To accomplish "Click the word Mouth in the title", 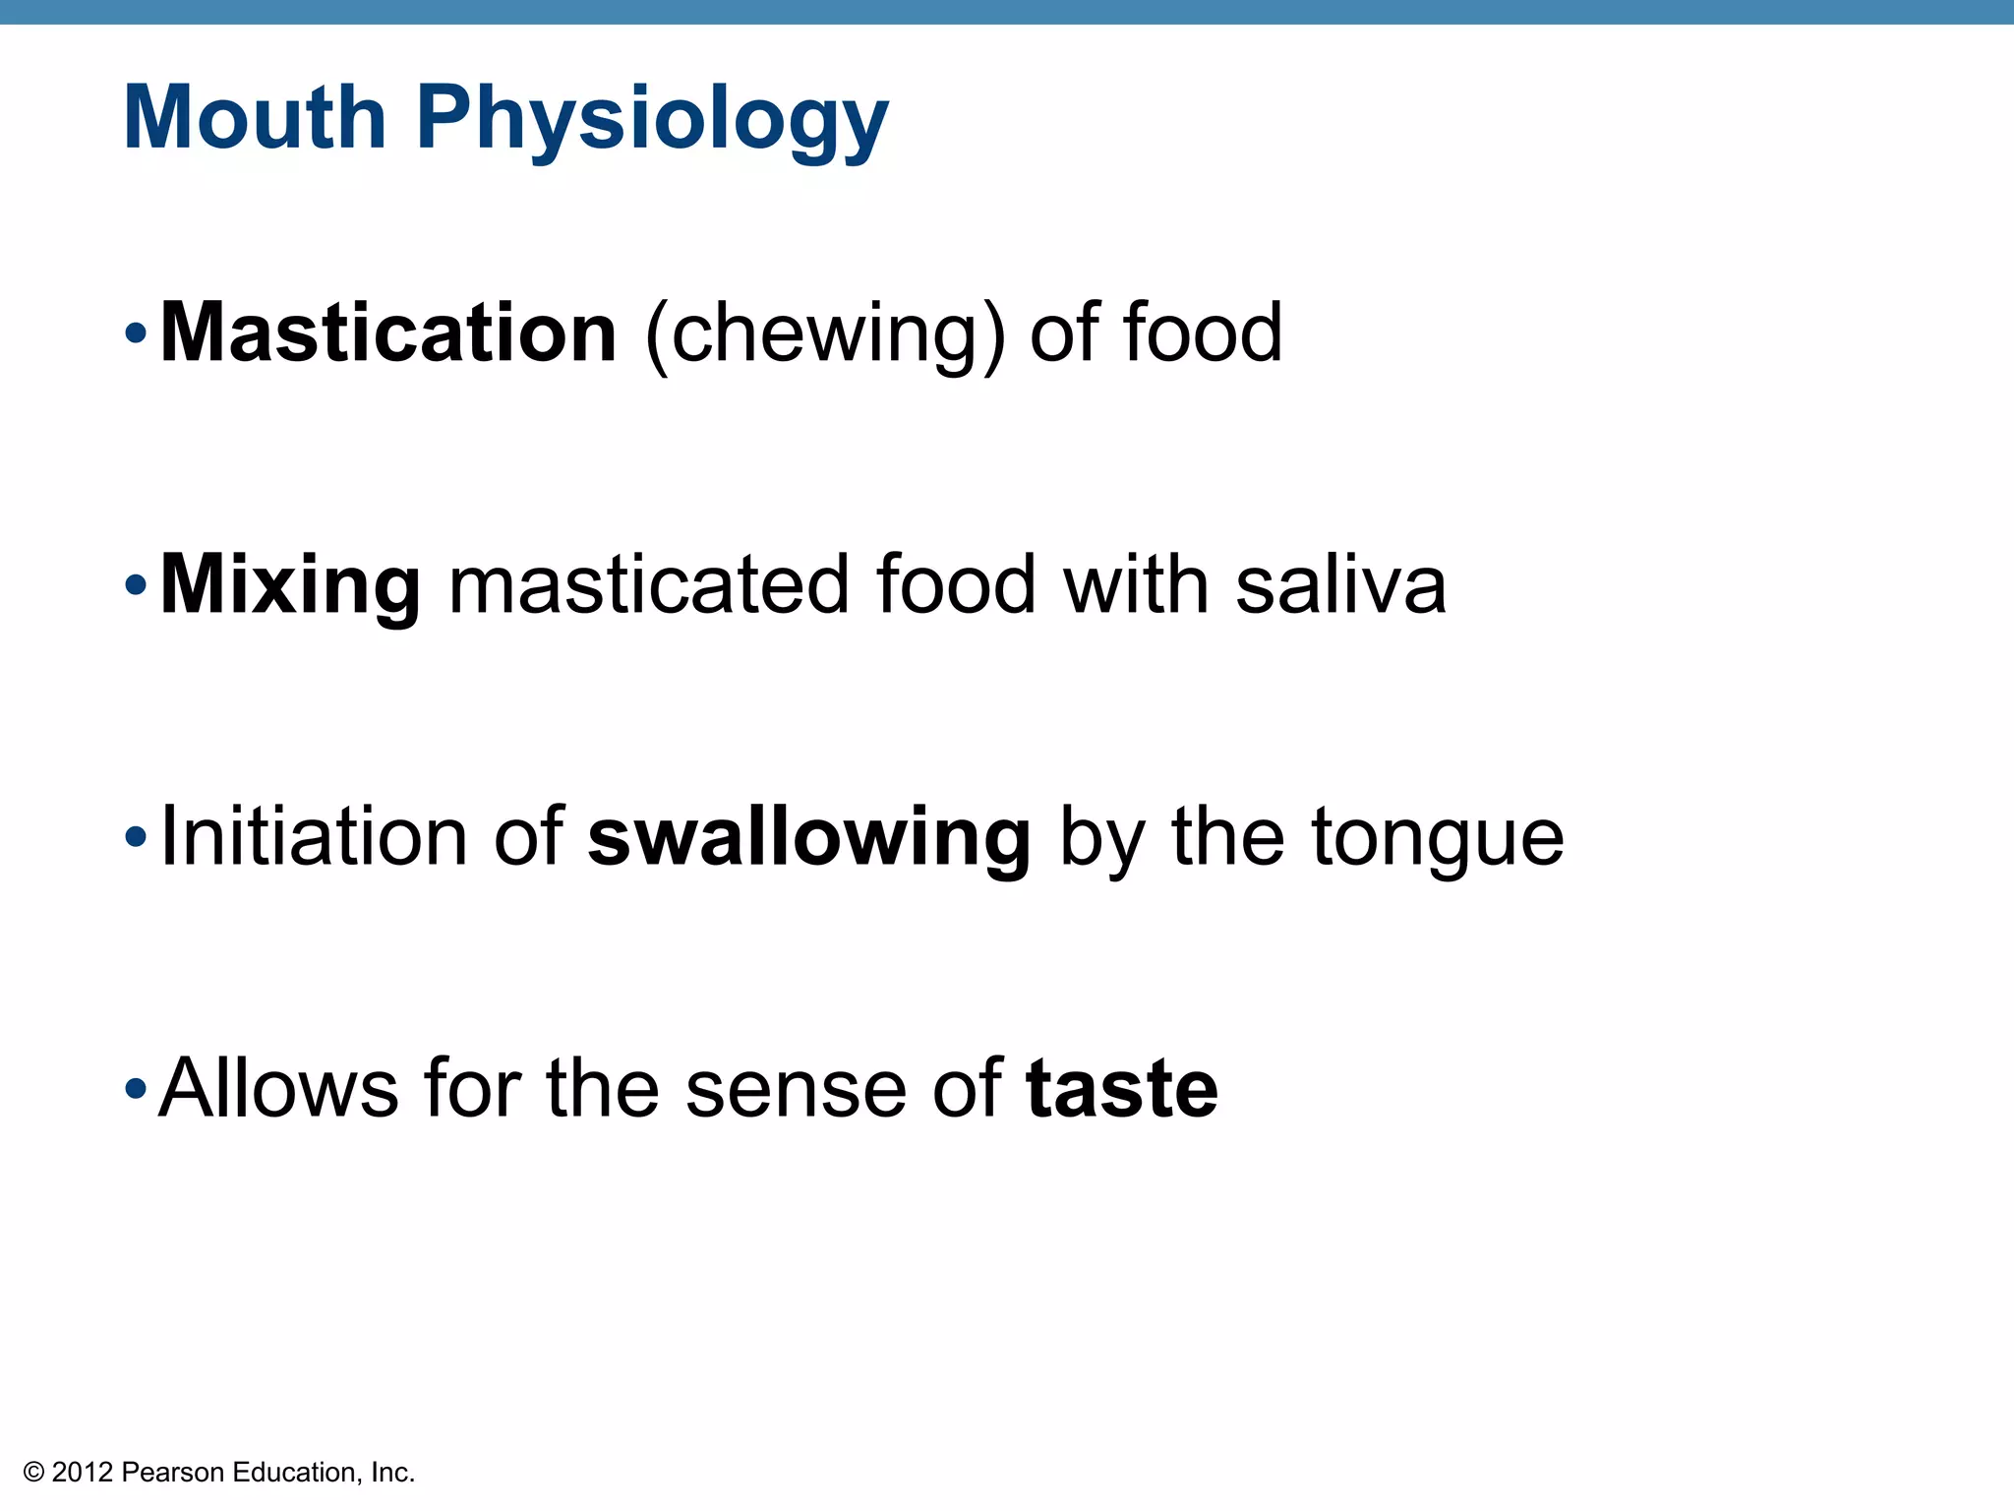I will tap(255, 118).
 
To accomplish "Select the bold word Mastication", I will tap(388, 332).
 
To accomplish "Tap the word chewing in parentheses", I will tap(825, 336).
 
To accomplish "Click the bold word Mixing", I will tap(291, 586).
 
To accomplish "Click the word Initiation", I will tap(313, 836).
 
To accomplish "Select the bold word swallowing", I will tap(809, 838).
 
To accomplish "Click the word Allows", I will tap(278, 1088).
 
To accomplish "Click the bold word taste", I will tap(1121, 1088).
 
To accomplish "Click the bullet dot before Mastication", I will tap(136, 334).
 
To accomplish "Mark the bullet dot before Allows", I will tap(136, 1090).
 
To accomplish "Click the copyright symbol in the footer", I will tap(34, 1473).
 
